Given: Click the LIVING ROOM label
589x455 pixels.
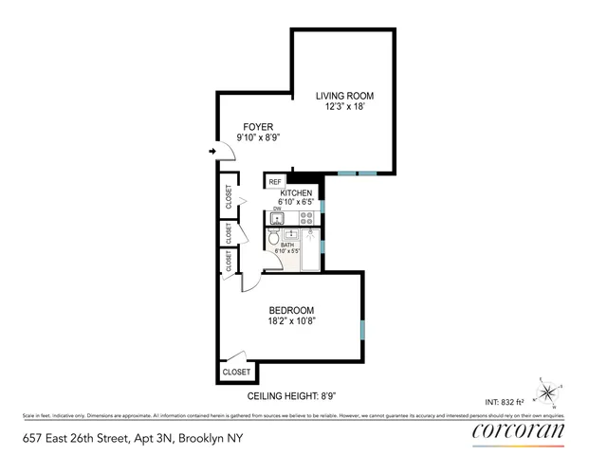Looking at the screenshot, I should [x=345, y=96].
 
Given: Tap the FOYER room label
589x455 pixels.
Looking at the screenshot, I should [x=258, y=126].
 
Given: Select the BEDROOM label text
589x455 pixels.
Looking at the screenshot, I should [x=291, y=310].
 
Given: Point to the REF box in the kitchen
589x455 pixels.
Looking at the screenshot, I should [x=275, y=181].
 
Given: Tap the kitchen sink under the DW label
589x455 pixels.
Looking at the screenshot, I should [x=277, y=218].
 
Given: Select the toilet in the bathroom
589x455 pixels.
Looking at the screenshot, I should [x=274, y=239].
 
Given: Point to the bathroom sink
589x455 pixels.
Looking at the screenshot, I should [x=293, y=236].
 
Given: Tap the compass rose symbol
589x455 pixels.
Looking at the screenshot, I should [x=550, y=391].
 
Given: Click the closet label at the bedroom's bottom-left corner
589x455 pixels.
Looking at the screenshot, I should [x=235, y=373].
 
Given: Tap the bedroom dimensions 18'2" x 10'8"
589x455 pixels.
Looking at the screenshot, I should [x=291, y=321].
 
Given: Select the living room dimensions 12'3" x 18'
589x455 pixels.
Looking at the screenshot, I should [x=345, y=107].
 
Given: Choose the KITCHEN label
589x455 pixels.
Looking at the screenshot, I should [x=296, y=193].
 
